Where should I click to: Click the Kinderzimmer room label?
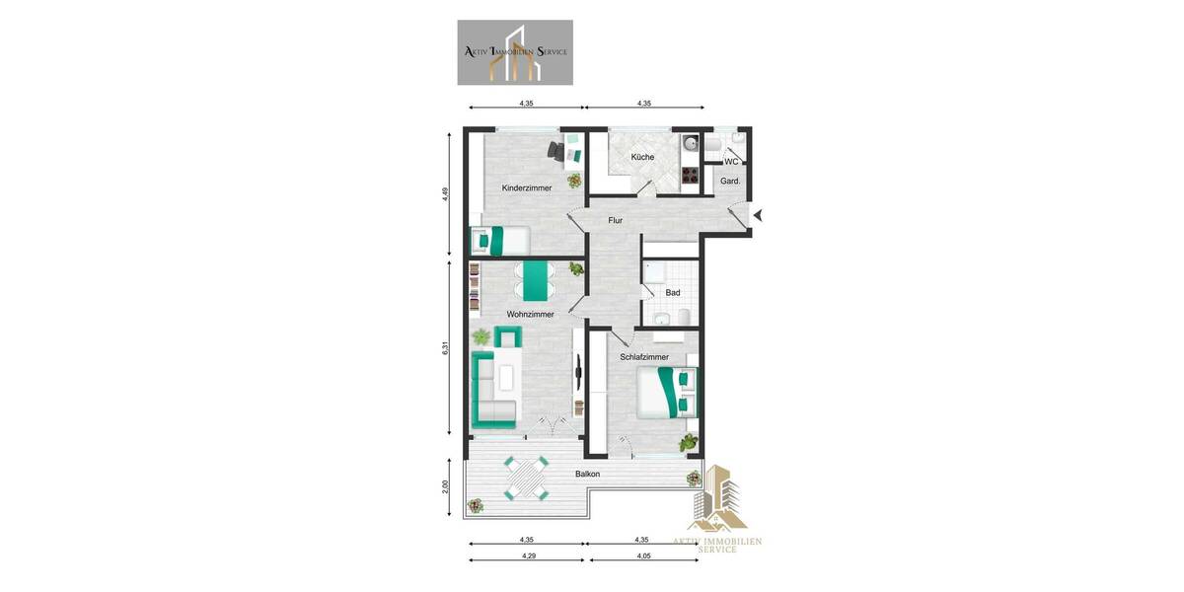click(x=526, y=187)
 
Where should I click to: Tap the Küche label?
click(x=642, y=157)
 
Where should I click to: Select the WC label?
click(x=731, y=162)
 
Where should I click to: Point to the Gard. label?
click(x=730, y=182)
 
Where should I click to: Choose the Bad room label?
click(x=673, y=293)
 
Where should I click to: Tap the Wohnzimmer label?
click(x=530, y=315)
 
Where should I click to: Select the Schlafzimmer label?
click(x=644, y=357)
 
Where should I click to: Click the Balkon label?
click(x=588, y=475)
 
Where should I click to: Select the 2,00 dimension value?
click(x=446, y=487)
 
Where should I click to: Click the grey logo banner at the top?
click(x=515, y=52)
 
